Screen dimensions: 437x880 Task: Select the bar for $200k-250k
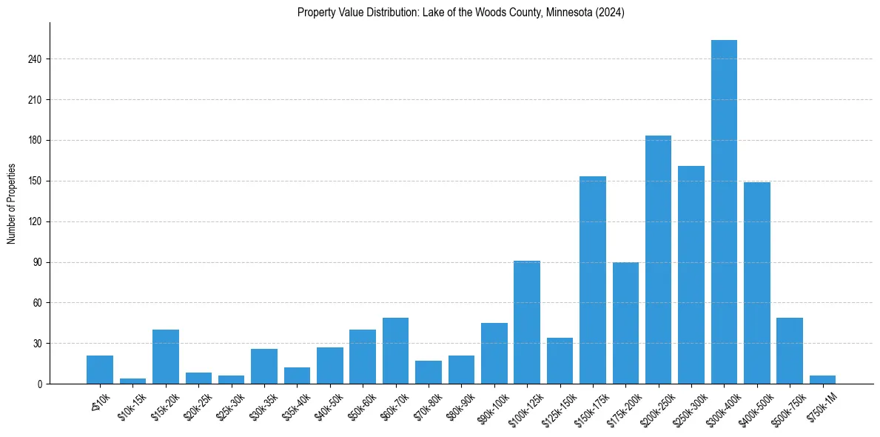pos(658,260)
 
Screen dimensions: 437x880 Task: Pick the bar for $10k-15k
pos(133,381)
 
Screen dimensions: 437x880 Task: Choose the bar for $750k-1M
pos(822,379)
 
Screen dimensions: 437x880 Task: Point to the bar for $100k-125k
pos(527,322)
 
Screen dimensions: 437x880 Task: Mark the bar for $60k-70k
pos(395,350)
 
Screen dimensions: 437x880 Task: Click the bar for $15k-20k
pos(166,356)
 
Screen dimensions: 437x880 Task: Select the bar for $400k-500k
pos(756,283)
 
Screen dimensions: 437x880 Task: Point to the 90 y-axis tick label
pos(38,262)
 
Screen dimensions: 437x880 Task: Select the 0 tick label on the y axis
pos(41,384)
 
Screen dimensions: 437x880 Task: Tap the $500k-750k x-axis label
pos(787,406)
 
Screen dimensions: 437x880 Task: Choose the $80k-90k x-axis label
pos(459,404)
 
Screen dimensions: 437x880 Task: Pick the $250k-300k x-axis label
pos(688,406)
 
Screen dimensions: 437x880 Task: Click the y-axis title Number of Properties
pos(11,203)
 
